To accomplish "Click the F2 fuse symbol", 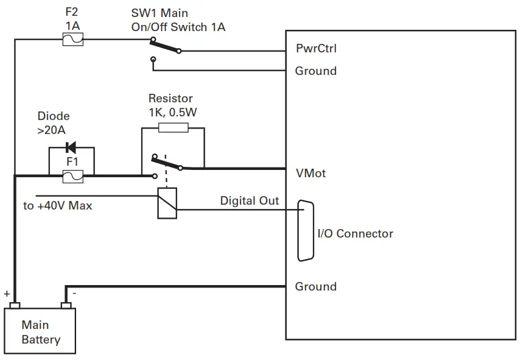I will [73, 40].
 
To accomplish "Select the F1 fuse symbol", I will [73, 175].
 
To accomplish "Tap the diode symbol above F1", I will [71, 147].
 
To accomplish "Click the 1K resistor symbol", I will [173, 128].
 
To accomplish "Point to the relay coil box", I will [167, 203].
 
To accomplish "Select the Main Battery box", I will [41, 332].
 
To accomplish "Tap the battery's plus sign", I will [7, 294].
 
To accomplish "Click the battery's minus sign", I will [74, 294].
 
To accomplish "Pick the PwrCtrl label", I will [315, 48].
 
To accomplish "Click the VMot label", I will [311, 174].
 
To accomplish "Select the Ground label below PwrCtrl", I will [315, 71].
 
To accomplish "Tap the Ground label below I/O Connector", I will [315, 286].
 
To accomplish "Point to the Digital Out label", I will [249, 200].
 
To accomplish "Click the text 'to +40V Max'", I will [58, 206].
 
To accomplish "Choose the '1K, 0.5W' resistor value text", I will [174, 112].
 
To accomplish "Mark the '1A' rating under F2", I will [73, 26].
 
